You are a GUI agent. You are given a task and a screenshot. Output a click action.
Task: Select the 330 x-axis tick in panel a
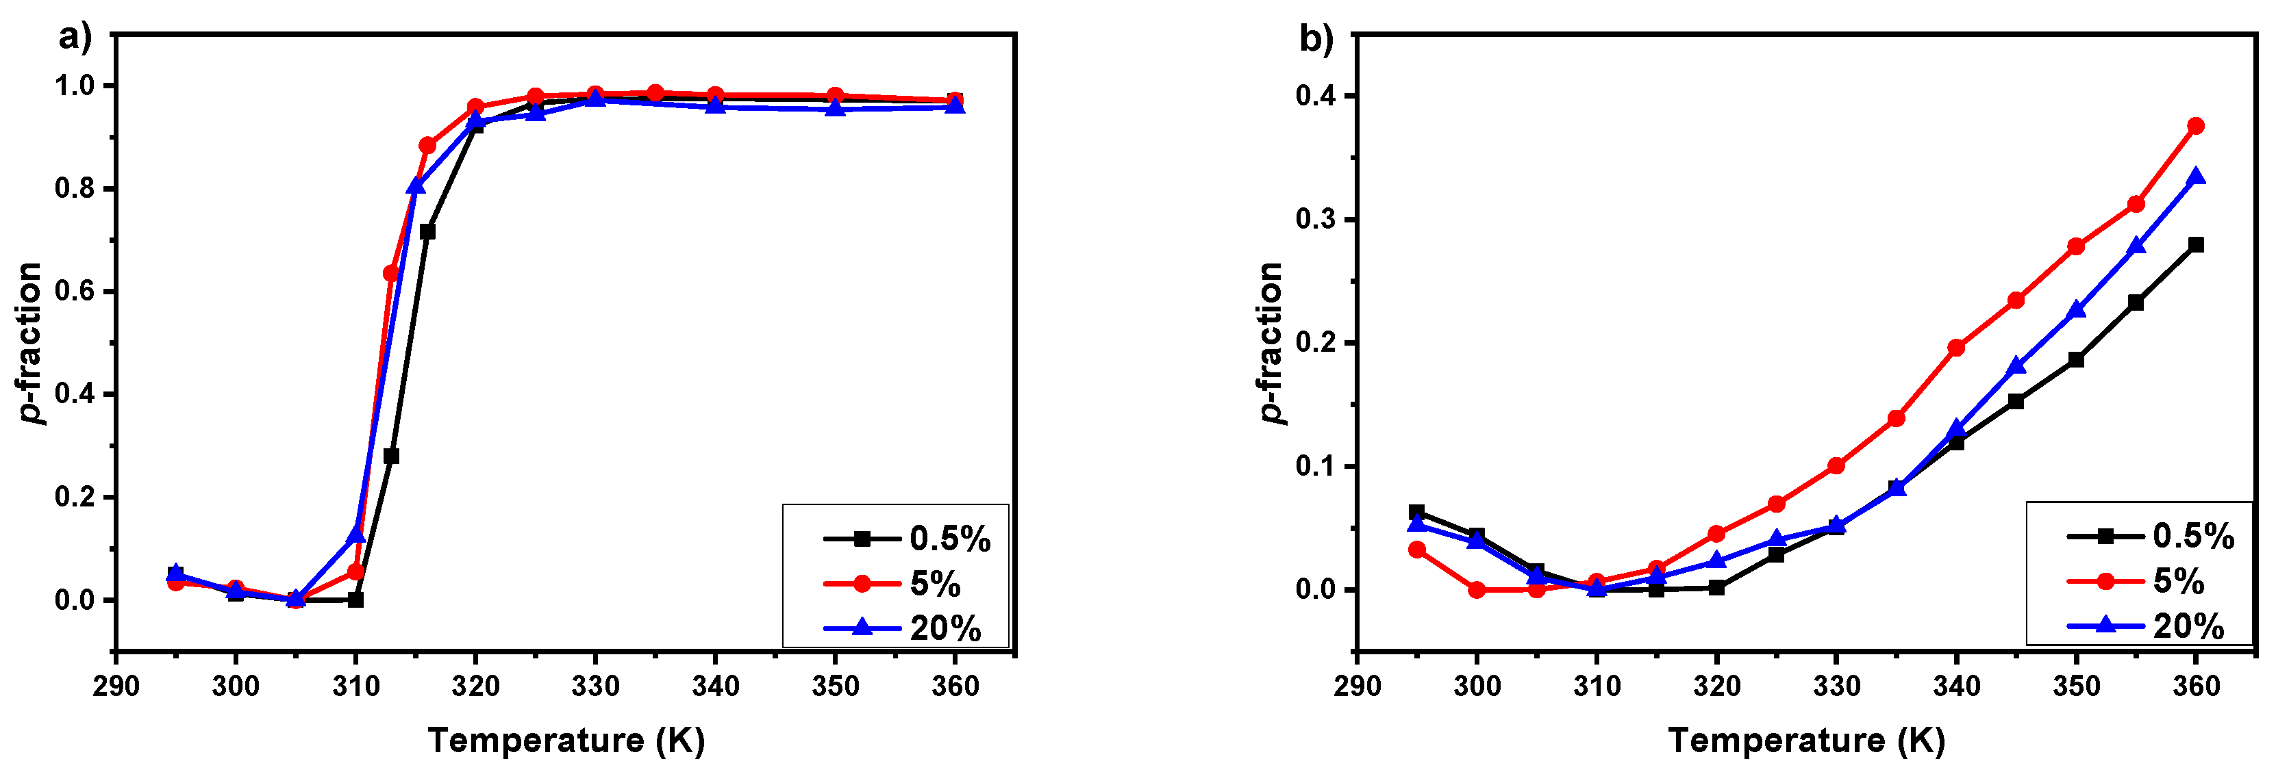pyautogui.click(x=595, y=686)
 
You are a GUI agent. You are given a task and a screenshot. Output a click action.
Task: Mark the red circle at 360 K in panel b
pyautogui.click(x=2194, y=126)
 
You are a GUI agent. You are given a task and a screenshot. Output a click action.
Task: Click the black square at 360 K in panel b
pyautogui.click(x=2194, y=245)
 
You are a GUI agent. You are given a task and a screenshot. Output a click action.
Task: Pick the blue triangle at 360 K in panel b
pyautogui.click(x=2194, y=177)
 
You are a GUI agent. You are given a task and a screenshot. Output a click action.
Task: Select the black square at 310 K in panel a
pyautogui.click(x=355, y=600)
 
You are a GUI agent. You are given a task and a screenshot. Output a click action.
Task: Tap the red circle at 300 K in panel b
pyautogui.click(x=1476, y=590)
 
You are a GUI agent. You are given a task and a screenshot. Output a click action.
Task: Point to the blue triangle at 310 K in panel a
pyautogui.click(x=355, y=534)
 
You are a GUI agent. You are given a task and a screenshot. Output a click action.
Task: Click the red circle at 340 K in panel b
pyautogui.click(x=1955, y=348)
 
